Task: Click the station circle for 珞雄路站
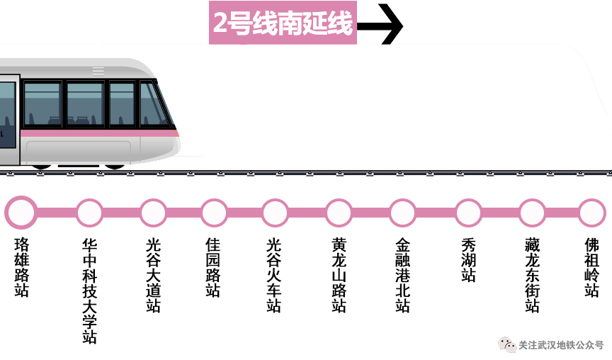pos(21,212)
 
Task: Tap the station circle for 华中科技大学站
pos(89,212)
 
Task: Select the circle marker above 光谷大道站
pos(153,212)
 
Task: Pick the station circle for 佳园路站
pos(213,212)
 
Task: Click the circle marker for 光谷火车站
pos(275,212)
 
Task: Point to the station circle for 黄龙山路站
pos(339,212)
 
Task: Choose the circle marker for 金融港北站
pos(402,212)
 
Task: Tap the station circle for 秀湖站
pos(468,212)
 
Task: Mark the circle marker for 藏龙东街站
pos(532,212)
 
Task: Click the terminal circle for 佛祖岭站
pos(591,212)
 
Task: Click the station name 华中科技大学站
pos(89,291)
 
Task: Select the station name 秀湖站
pos(468,260)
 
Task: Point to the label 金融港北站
pos(402,275)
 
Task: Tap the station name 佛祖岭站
pos(591,267)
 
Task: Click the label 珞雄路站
pos(21,267)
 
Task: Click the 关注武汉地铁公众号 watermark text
pos(560,345)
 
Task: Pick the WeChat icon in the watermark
pos(506,345)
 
